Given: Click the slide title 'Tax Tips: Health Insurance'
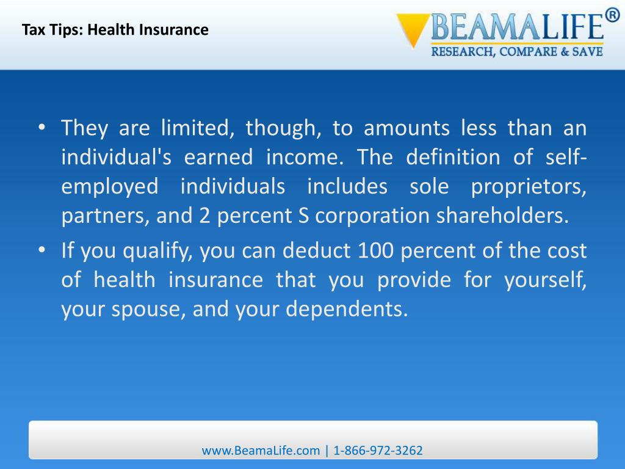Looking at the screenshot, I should [115, 29].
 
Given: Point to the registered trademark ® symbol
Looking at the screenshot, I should [612, 16].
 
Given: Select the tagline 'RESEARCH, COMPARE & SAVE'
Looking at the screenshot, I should [517, 52].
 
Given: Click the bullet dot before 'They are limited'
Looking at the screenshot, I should [41, 128].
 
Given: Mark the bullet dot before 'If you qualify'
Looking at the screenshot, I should [41, 250].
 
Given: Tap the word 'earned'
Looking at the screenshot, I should [219, 158].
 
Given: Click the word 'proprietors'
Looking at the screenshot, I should [529, 187].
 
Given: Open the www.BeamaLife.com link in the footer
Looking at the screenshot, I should [261, 451].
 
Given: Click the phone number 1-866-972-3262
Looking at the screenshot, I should [378, 451].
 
